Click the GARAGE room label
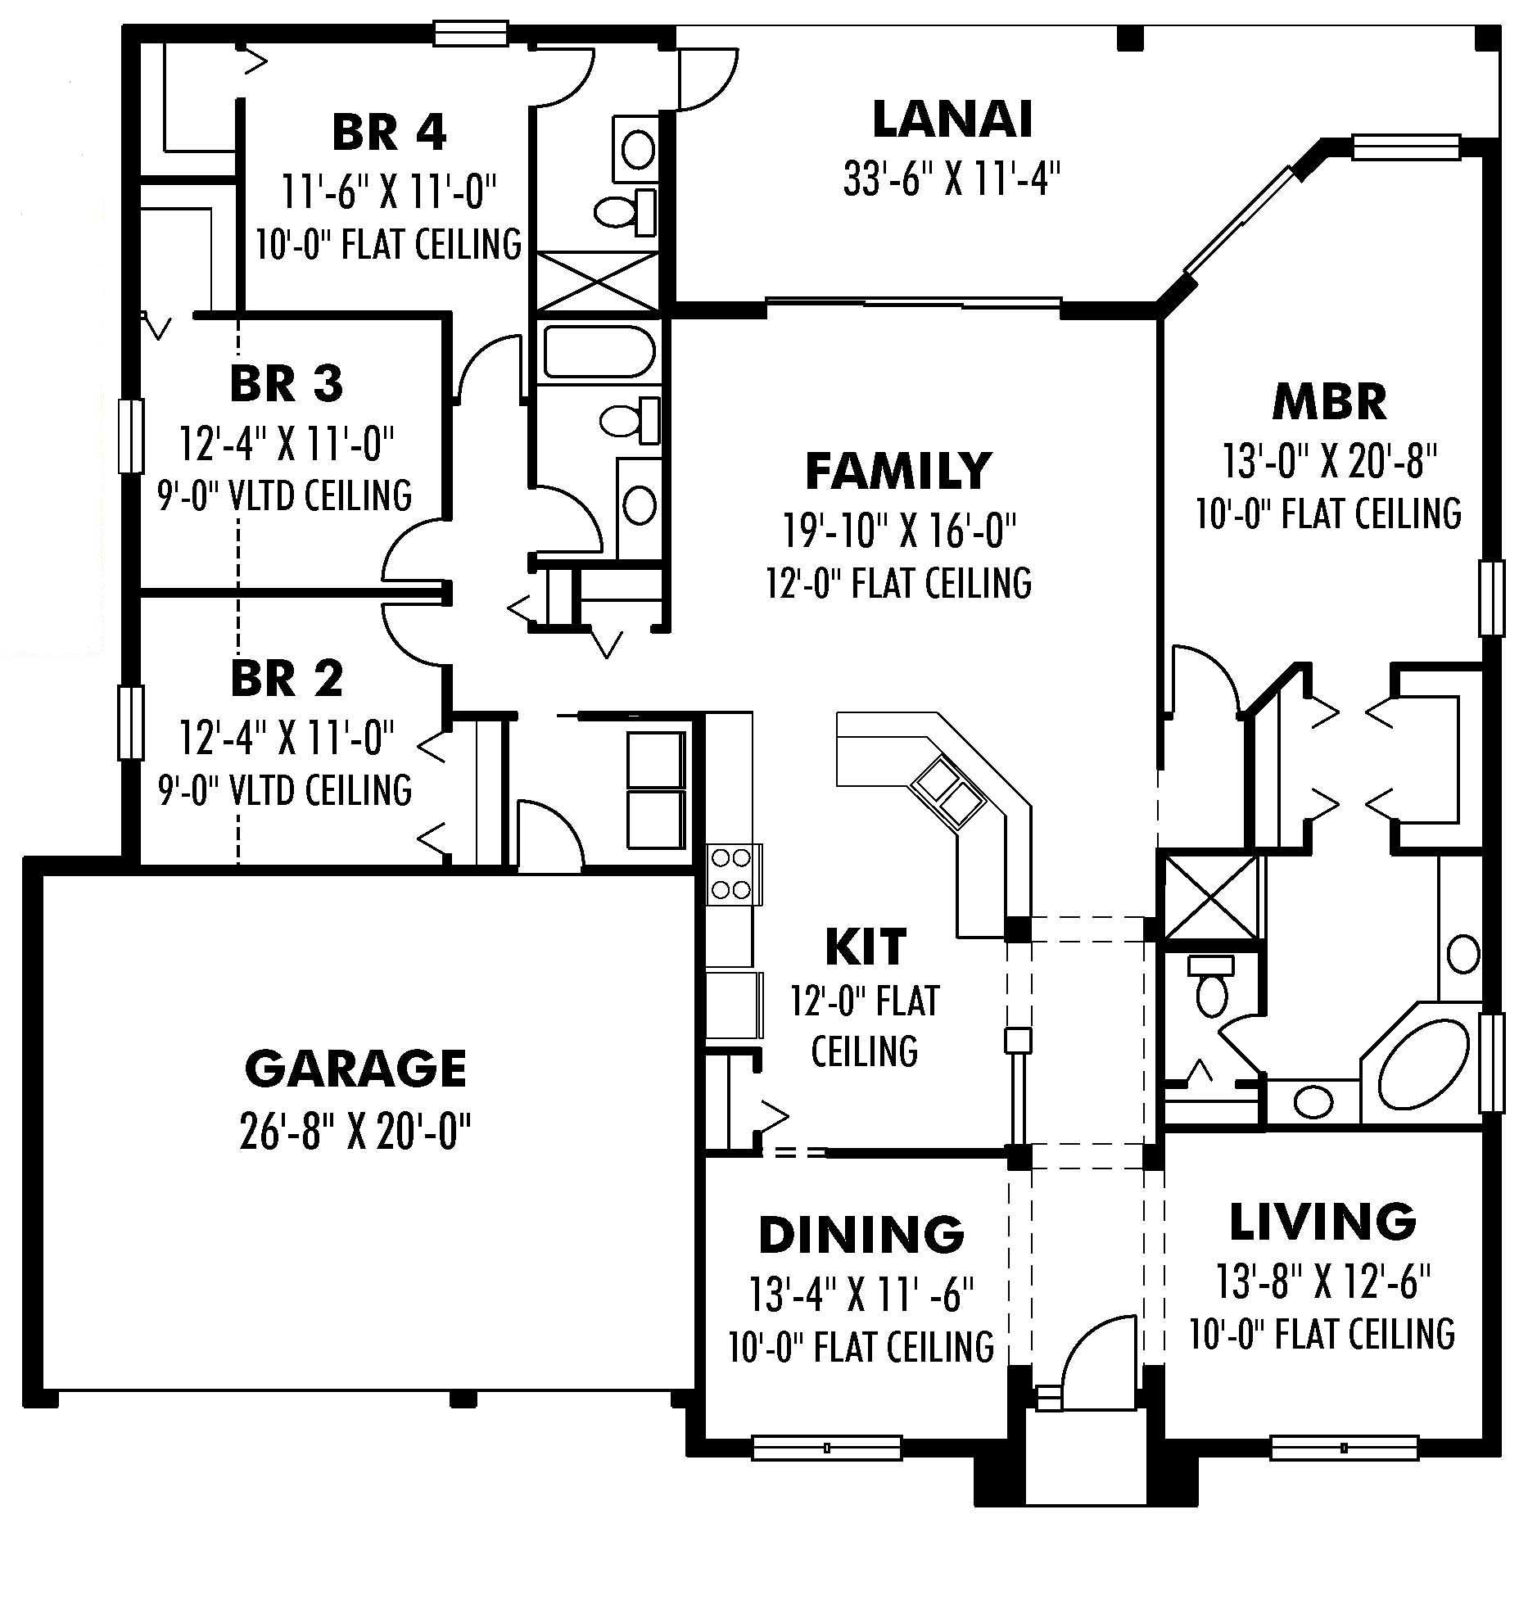point(355,1068)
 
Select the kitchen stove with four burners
point(731,874)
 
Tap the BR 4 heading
point(389,132)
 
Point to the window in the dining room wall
point(826,1448)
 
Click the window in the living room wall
point(1344,1448)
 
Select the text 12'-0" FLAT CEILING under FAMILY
point(898,583)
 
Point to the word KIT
point(865,947)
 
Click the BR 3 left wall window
point(131,436)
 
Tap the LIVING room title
point(1322,1221)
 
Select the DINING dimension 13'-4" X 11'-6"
point(861,1294)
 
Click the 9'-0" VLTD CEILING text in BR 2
point(285,789)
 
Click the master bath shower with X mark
point(1210,898)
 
